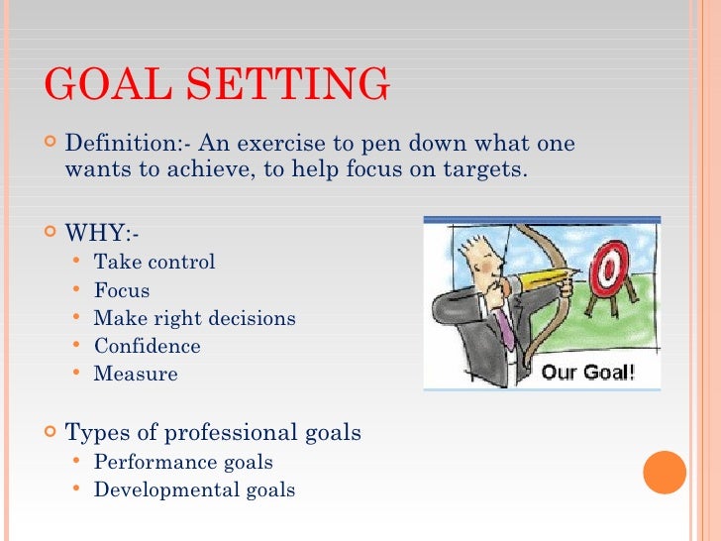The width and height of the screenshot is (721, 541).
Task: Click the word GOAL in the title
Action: (x=103, y=85)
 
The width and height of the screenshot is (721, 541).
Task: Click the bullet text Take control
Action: (x=154, y=263)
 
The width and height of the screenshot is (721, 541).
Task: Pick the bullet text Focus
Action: (x=122, y=290)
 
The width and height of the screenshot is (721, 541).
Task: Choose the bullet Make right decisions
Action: (x=194, y=318)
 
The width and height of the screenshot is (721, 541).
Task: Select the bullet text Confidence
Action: (x=147, y=346)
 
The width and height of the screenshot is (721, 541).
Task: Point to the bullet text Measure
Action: (x=136, y=374)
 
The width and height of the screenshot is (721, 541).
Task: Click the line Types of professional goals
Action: (x=212, y=432)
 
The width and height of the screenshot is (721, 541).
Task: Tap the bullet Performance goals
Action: (x=183, y=462)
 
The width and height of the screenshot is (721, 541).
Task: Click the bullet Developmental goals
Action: (x=194, y=489)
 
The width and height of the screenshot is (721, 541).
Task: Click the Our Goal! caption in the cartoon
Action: (x=587, y=374)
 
